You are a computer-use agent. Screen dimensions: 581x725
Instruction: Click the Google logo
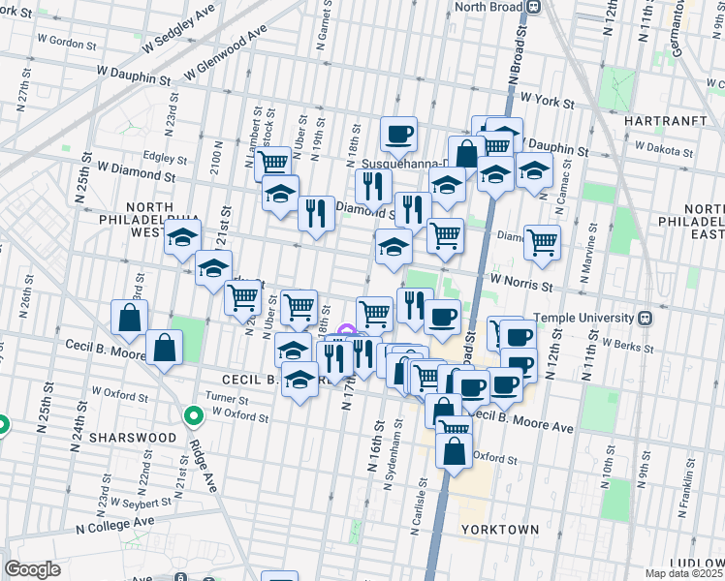[x=32, y=569]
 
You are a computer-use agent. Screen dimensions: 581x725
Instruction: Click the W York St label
[x=548, y=100]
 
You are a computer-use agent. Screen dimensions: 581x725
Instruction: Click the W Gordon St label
[x=65, y=45]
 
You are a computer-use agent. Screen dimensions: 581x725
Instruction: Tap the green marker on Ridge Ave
[x=193, y=416]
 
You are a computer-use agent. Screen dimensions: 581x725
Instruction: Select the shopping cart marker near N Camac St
[x=542, y=241]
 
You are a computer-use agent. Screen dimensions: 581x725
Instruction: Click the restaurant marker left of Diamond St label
[x=315, y=212]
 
